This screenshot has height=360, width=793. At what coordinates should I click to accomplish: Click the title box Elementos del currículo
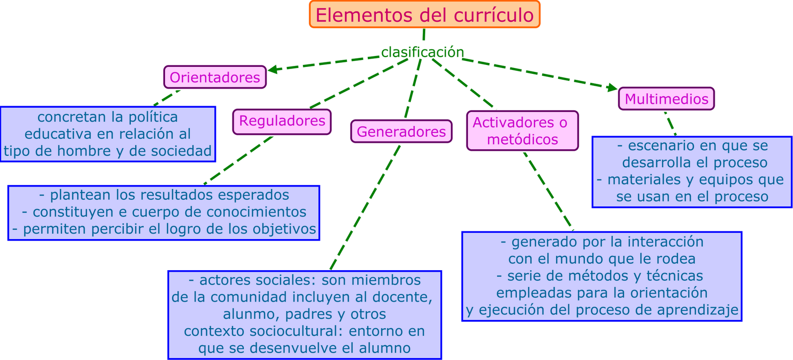[x=424, y=15]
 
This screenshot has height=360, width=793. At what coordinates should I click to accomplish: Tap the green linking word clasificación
[x=422, y=52]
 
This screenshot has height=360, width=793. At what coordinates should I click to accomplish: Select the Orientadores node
[x=215, y=77]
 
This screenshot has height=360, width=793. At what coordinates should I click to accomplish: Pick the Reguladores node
[x=282, y=121]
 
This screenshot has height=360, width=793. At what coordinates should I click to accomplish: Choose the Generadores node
[x=401, y=131]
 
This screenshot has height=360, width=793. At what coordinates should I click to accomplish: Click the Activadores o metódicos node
[x=522, y=130]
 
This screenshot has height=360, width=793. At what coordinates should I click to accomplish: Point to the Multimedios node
[x=666, y=99]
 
